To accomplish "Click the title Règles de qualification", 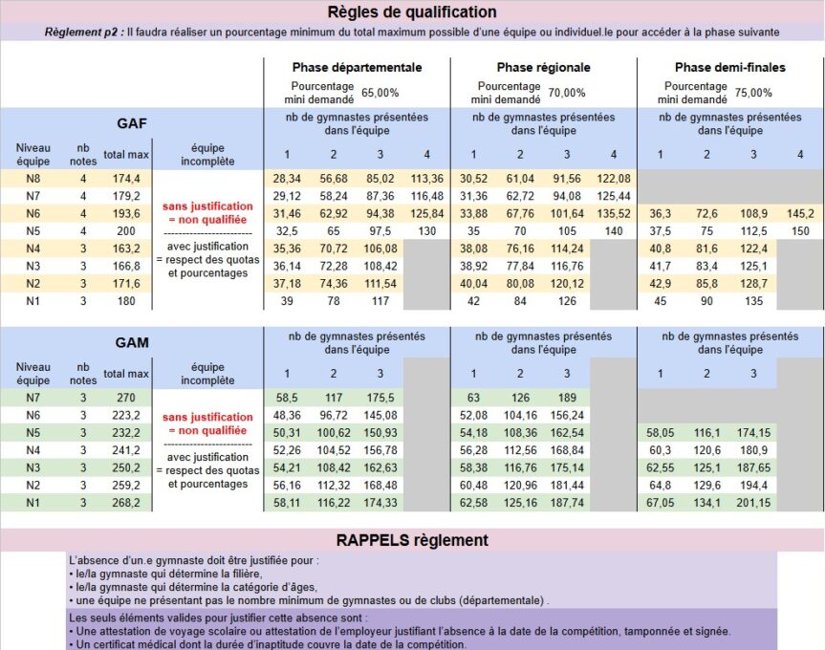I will [412, 12].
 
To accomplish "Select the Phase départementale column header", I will [357, 68].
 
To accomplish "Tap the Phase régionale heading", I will [543, 68].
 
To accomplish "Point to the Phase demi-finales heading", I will [729, 68].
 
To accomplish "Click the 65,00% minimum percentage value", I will [380, 93].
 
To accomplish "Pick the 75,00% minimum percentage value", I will [753, 93].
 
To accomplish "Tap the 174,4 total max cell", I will [126, 179].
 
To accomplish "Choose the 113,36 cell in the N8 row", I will [425, 179].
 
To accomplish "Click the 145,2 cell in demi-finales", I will [799, 213].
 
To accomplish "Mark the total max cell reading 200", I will [126, 230].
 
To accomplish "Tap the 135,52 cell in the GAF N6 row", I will [613, 213].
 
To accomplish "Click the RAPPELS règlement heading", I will [412, 540].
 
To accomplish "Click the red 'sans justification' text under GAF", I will [207, 206].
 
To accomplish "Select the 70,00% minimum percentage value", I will [567, 93].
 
